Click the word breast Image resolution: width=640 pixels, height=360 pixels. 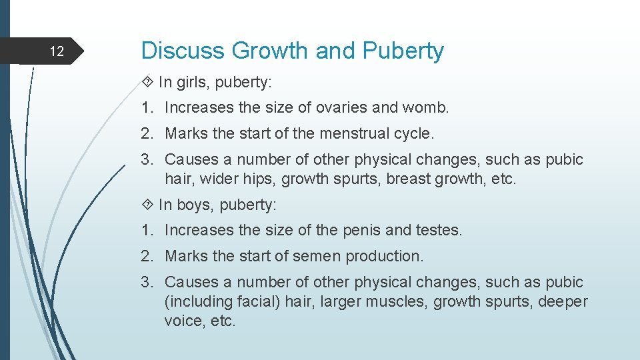coord(409,179)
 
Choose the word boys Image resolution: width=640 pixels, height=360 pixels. coord(193,205)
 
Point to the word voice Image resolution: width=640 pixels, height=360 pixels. coord(182,321)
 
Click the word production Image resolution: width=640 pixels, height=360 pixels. coord(392,256)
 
